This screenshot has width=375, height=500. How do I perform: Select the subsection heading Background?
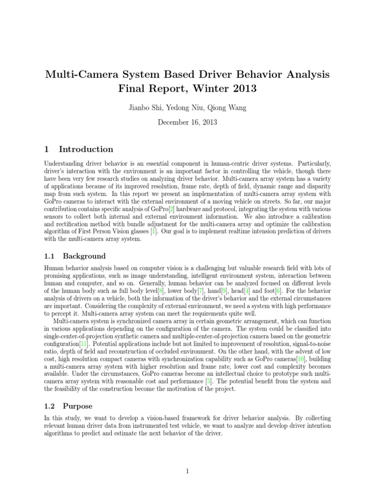(x=82, y=256)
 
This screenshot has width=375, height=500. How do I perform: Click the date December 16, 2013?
(x=187, y=122)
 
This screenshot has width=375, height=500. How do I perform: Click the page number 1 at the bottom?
(x=187, y=471)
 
